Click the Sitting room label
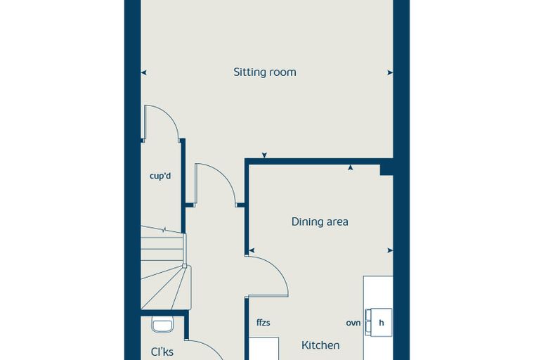pos(265,72)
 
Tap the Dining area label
pos(320,222)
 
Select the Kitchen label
pos(320,345)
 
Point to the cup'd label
pos(160,176)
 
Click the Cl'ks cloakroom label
pos(162,352)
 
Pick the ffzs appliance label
pos(263,323)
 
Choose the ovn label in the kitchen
pos(353,323)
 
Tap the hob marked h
pos(379,323)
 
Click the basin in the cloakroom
pos(162,324)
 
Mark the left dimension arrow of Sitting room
pos(144,72)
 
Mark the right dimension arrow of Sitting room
pos(390,72)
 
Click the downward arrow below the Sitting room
pos(264,155)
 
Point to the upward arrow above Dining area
pos(350,167)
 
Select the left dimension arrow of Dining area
pos(252,250)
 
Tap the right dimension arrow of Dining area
pos(390,250)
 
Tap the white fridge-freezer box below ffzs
pos(264,349)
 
